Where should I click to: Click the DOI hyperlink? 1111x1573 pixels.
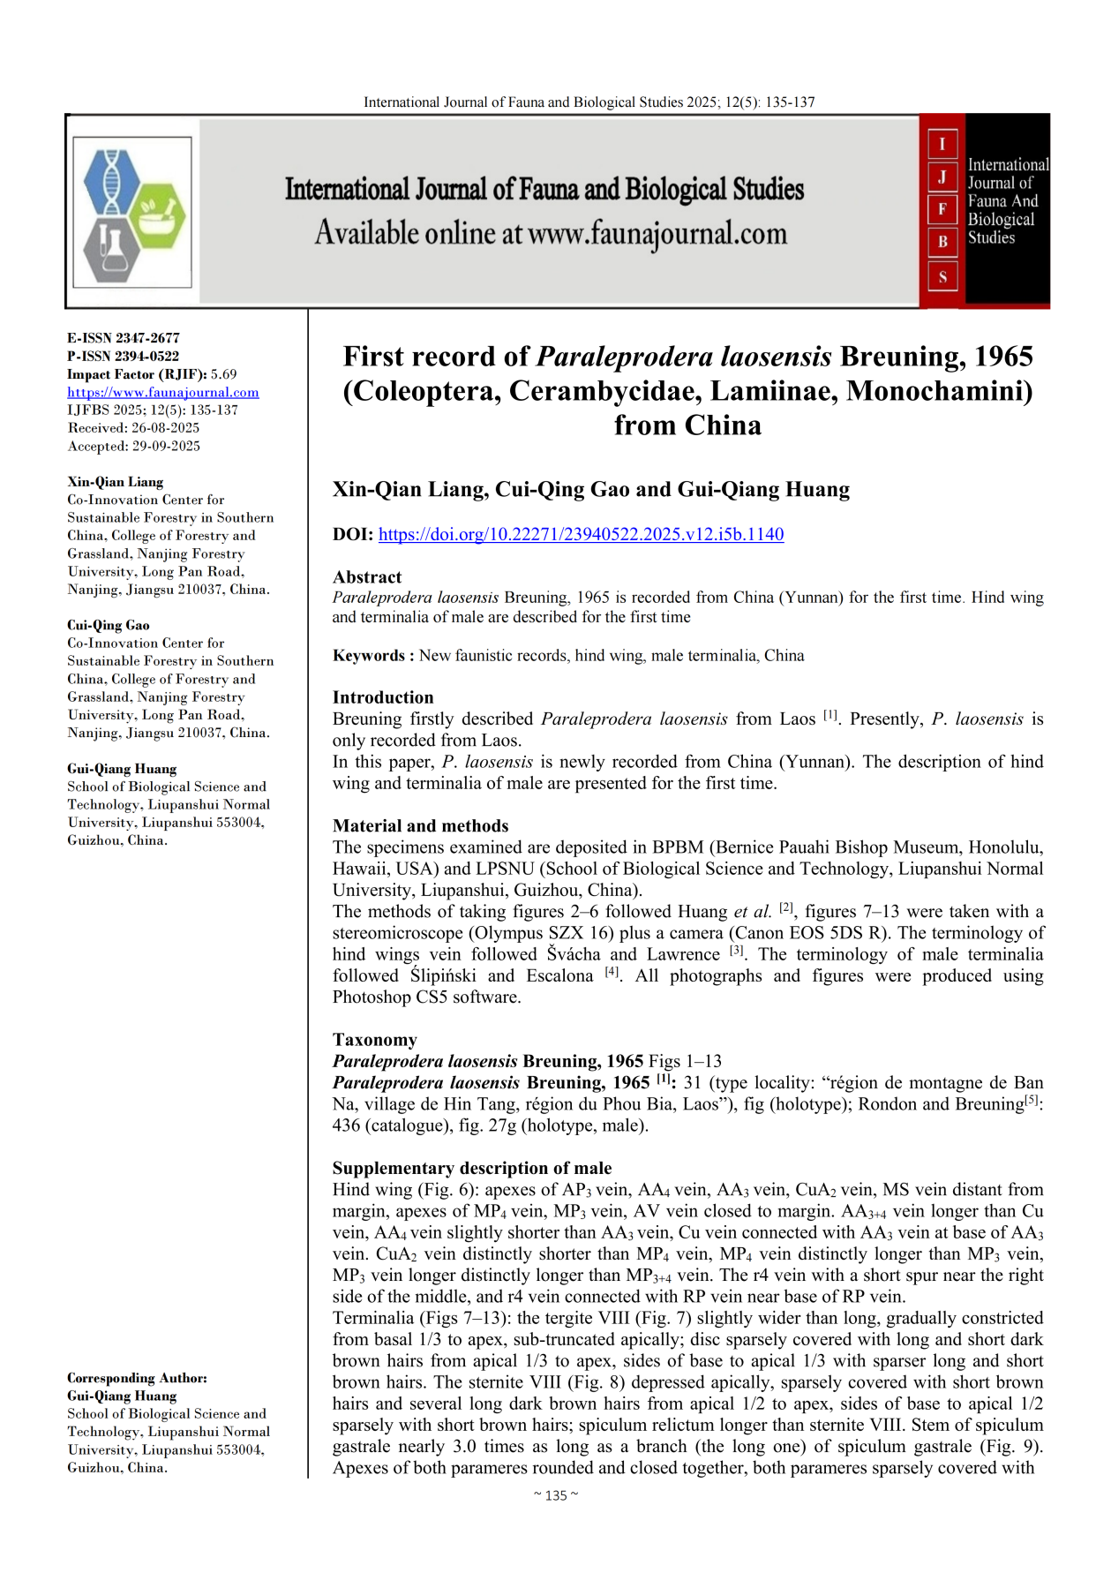point(581,534)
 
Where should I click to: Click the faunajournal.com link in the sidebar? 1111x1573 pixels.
point(163,392)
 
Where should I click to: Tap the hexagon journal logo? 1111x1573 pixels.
point(132,212)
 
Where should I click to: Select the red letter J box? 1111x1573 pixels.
point(942,177)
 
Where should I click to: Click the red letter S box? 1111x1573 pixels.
point(942,276)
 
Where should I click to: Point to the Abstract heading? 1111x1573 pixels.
point(367,577)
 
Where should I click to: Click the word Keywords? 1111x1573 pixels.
point(369,656)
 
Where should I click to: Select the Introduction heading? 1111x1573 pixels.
point(383,697)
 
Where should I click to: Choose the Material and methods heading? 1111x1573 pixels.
point(420,826)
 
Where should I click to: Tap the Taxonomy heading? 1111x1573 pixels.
point(374,1040)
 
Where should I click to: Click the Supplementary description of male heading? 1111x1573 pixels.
point(472,1168)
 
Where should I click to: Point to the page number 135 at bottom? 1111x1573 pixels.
point(556,1495)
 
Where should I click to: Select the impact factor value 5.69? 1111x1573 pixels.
point(224,374)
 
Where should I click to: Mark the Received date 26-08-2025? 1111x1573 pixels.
point(165,428)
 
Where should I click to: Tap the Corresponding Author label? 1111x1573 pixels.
point(137,1378)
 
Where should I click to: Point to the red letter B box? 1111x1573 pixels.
point(942,242)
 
